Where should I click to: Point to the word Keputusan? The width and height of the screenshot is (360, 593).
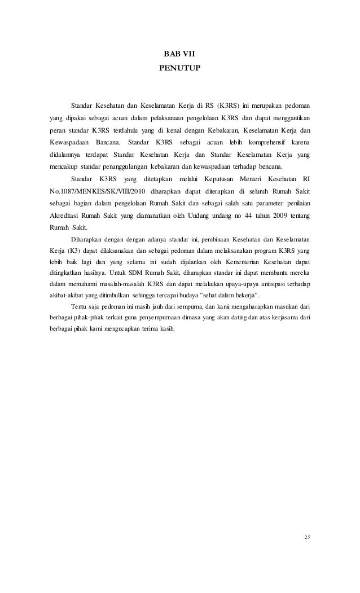click(197, 178)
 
